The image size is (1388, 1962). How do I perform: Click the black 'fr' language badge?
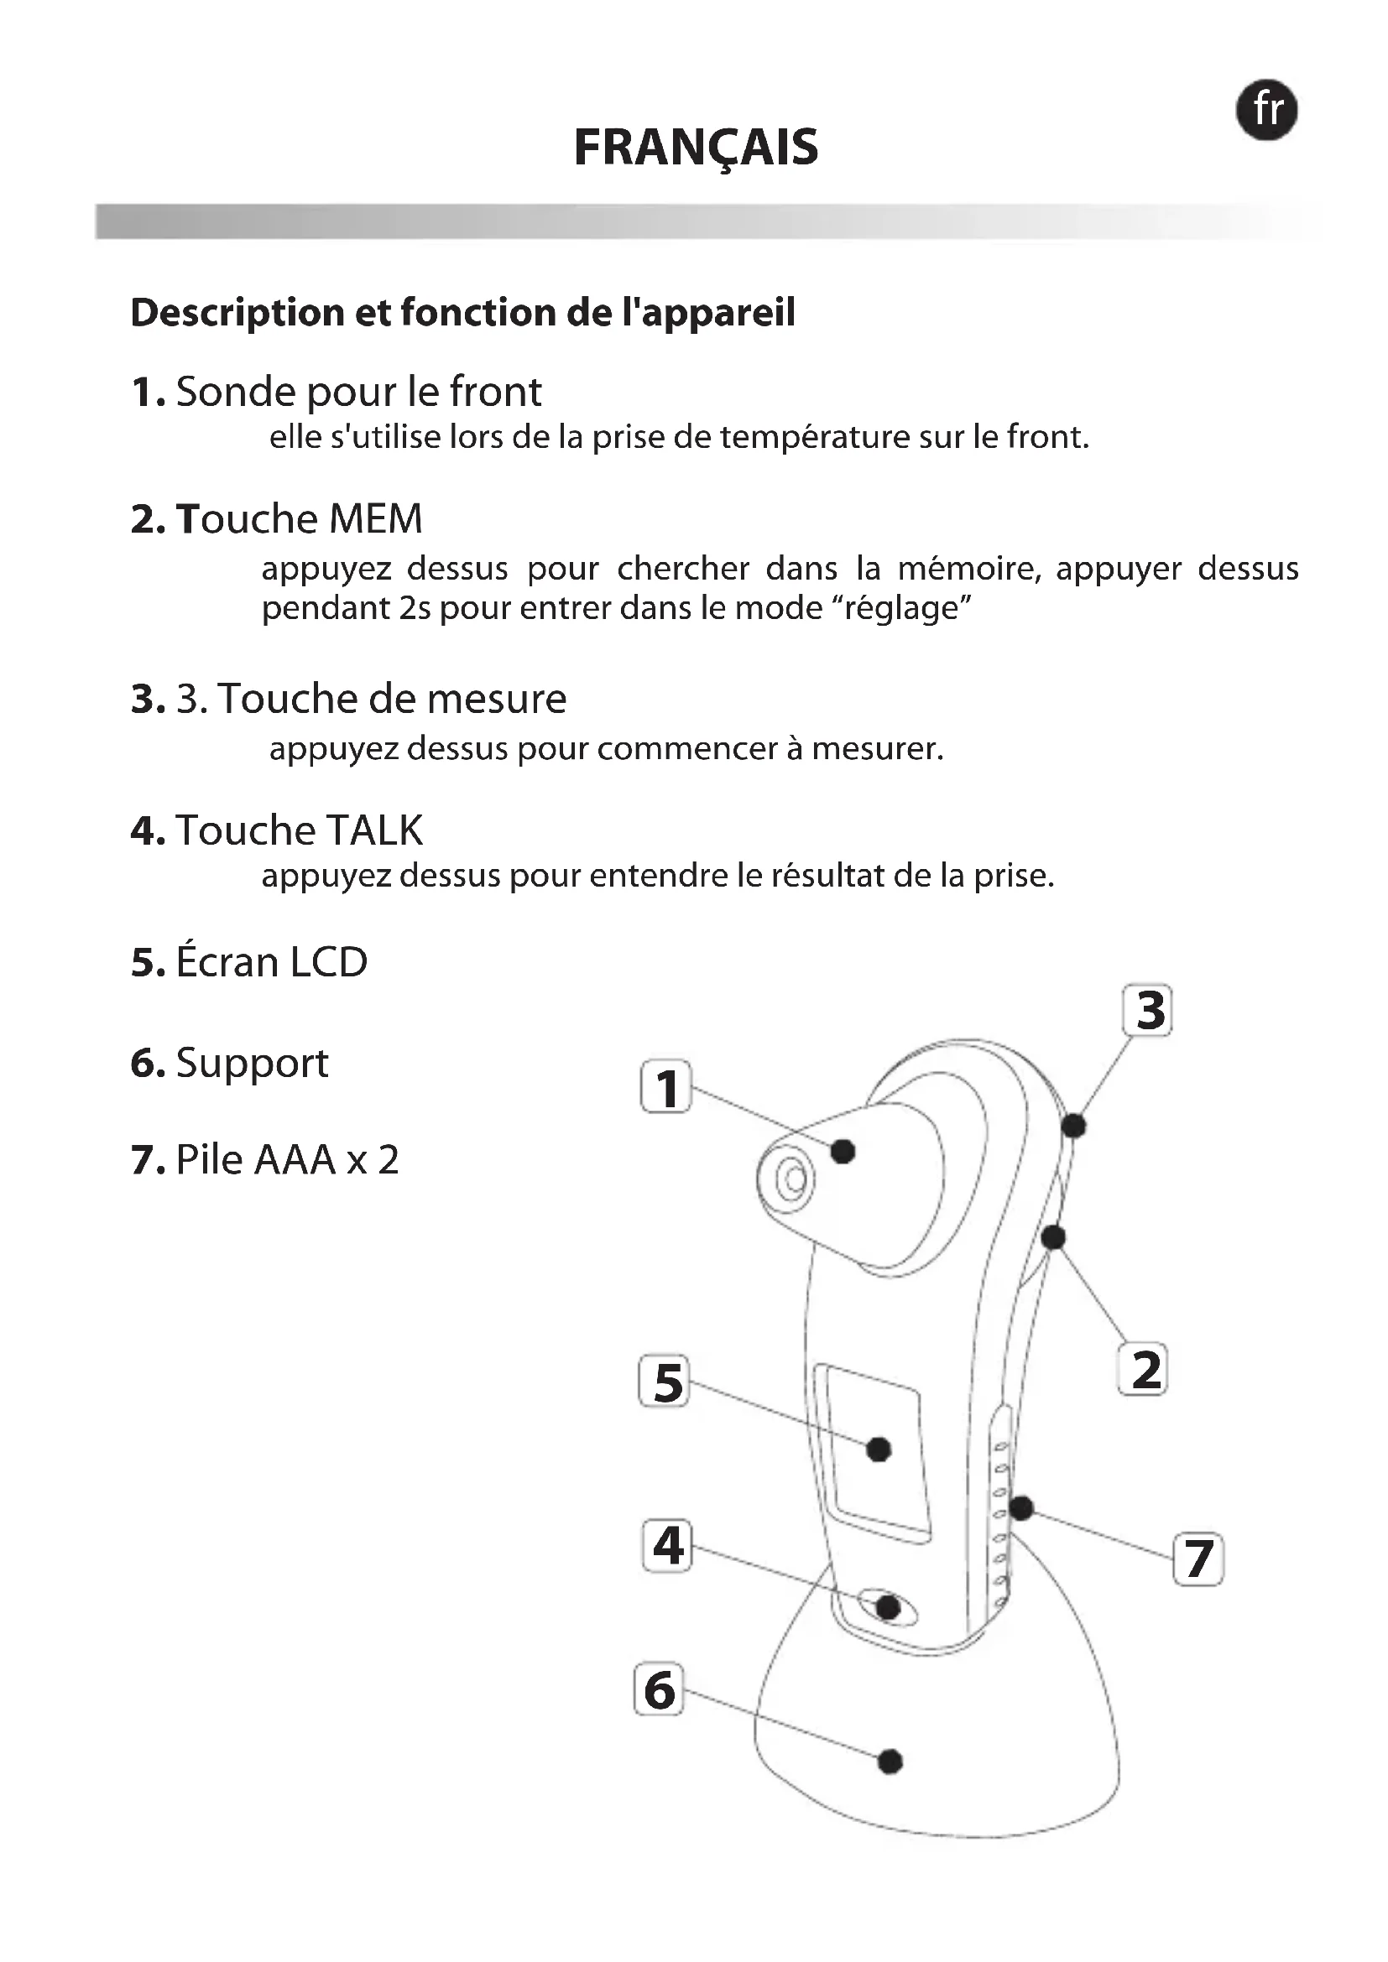pyautogui.click(x=1266, y=110)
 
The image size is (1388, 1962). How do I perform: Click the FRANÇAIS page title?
pyautogui.click(x=696, y=148)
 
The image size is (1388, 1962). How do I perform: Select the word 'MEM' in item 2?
pyautogui.click(x=375, y=519)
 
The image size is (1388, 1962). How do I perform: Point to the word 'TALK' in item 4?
pyautogui.click(x=374, y=830)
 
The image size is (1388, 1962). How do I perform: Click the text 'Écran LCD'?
pyautogui.click(x=271, y=962)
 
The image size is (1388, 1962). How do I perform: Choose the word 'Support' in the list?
pyautogui.click(x=252, y=1064)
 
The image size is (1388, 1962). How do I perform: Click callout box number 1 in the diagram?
pyautogui.click(x=665, y=1087)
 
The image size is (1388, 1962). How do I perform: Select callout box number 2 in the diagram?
pyautogui.click(x=1144, y=1369)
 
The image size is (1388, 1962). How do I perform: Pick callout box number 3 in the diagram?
pyautogui.click(x=1147, y=1011)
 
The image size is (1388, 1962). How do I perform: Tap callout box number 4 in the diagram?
pyautogui.click(x=666, y=1546)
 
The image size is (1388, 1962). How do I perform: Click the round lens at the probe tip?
pyautogui.click(x=792, y=1180)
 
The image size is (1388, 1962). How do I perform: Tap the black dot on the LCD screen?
pyautogui.click(x=879, y=1450)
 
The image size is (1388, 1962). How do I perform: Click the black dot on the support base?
pyautogui.click(x=890, y=1762)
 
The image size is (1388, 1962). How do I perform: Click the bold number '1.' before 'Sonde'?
pyautogui.click(x=148, y=393)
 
